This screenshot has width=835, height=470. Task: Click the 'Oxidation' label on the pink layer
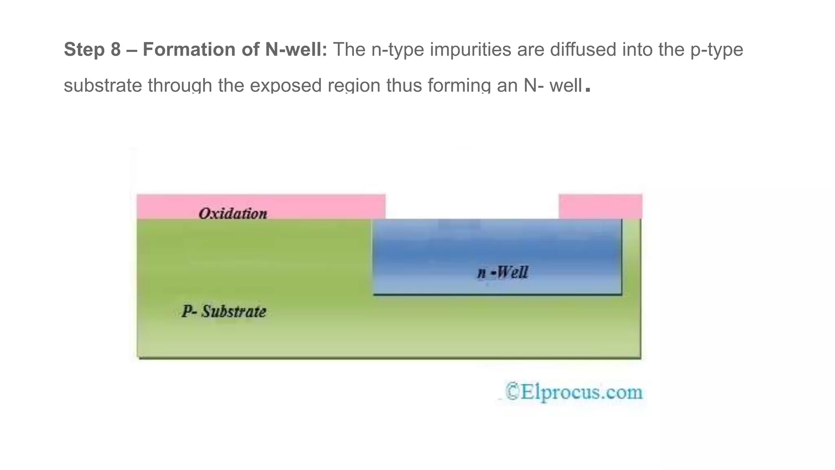tap(233, 213)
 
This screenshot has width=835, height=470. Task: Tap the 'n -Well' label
tap(502, 273)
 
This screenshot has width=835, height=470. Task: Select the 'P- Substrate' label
tap(224, 312)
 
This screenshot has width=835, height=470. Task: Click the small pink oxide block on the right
tap(600, 206)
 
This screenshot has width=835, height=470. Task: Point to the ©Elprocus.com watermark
tap(574, 392)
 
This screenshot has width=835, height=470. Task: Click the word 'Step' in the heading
tap(84, 50)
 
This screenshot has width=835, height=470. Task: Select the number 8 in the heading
tap(116, 50)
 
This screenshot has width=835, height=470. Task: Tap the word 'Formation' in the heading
tap(189, 50)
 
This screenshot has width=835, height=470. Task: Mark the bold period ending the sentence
tap(588, 89)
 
